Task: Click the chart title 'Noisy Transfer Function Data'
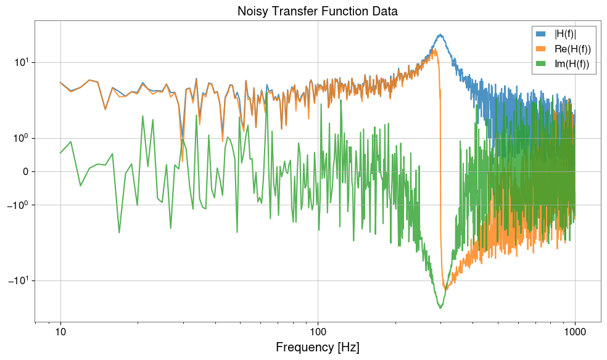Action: tap(317, 11)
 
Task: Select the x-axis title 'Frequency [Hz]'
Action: tap(317, 347)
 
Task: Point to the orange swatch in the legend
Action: tap(540, 49)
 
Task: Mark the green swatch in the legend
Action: tap(540, 64)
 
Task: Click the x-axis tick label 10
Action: tap(60, 332)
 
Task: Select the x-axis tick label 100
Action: tap(318, 332)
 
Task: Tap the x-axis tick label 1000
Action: tap(575, 332)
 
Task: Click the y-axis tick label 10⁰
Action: tap(20, 138)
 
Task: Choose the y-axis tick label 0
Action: tap(25, 171)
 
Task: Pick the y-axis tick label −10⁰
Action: tap(18, 205)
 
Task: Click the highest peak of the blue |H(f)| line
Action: tap(440, 35)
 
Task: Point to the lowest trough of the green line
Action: tap(440, 308)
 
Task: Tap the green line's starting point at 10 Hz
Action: tap(60, 153)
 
